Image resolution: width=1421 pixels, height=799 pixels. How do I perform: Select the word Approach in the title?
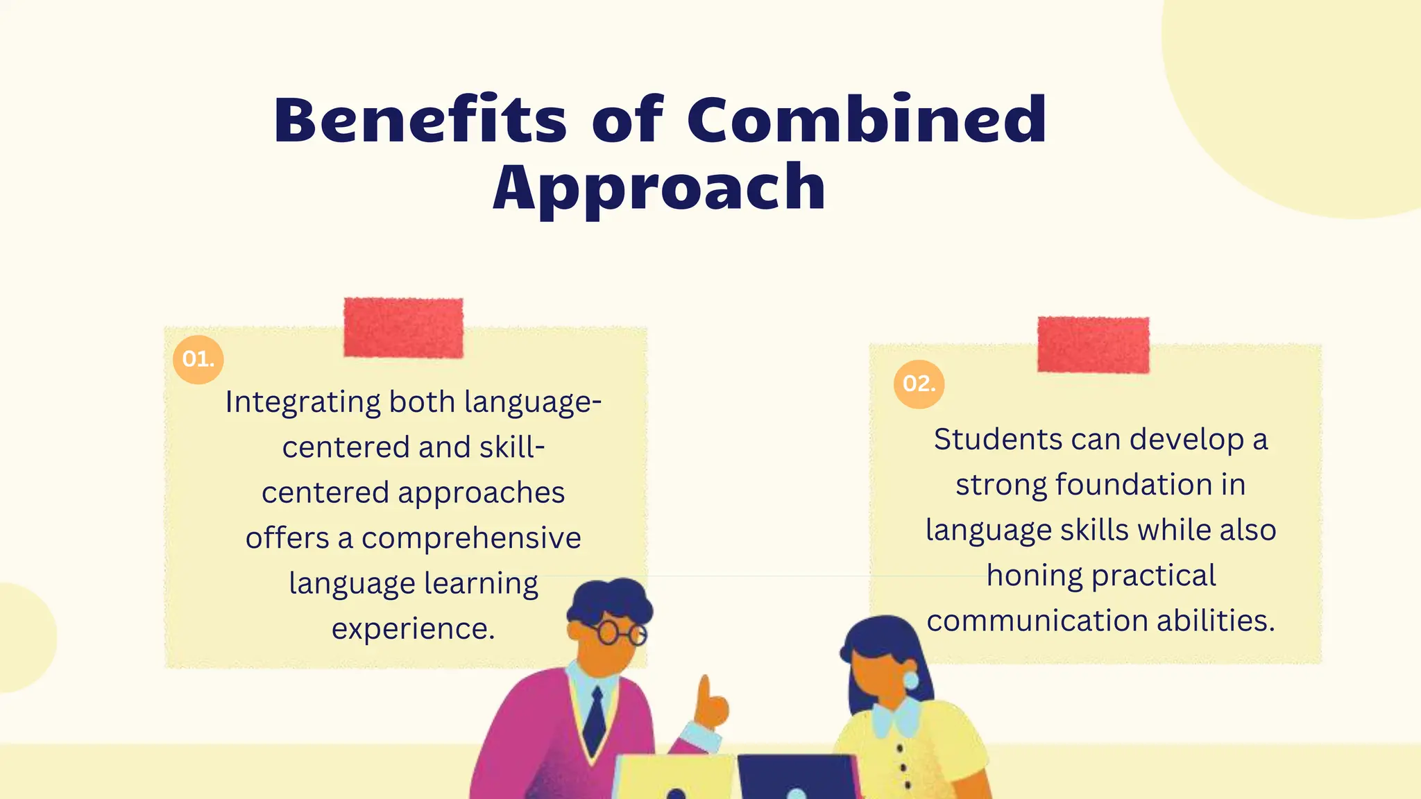coord(659,187)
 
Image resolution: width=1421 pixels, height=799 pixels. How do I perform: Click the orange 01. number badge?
coord(198,359)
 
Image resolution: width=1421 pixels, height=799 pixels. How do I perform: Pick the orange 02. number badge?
coord(919,384)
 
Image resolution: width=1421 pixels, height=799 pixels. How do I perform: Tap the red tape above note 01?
coord(403,327)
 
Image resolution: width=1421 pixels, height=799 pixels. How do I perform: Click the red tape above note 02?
coord(1093,345)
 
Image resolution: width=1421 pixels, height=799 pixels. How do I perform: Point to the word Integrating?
coord(303,402)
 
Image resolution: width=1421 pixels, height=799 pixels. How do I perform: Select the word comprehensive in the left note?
coord(471,538)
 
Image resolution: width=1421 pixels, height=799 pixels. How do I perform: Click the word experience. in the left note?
coord(413,629)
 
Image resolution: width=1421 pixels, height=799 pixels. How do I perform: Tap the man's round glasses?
coord(620,633)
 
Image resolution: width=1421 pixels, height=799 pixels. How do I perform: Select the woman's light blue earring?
coord(910,680)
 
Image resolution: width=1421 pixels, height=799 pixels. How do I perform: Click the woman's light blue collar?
coord(896,718)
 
